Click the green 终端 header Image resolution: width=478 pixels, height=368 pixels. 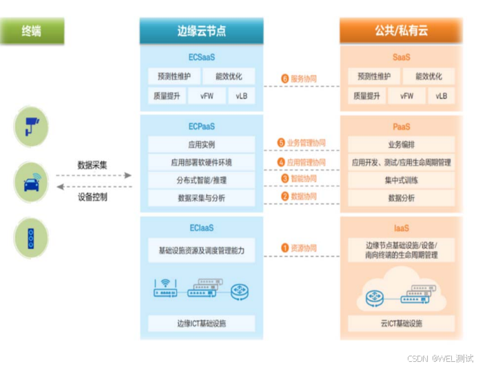point(32,31)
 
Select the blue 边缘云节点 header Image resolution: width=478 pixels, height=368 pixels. point(201,31)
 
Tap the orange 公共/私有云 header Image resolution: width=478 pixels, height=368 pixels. point(402,31)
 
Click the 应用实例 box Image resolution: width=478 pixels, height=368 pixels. point(201,144)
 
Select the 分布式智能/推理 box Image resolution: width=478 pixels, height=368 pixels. point(201,180)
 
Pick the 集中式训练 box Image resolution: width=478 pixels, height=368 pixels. point(402,180)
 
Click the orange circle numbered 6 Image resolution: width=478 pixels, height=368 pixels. point(284,78)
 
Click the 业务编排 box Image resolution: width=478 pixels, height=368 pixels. point(402,144)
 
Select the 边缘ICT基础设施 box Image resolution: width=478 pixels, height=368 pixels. point(201,323)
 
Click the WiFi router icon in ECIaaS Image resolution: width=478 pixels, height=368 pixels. point(165,288)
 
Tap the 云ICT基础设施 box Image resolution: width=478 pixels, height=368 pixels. point(402,323)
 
